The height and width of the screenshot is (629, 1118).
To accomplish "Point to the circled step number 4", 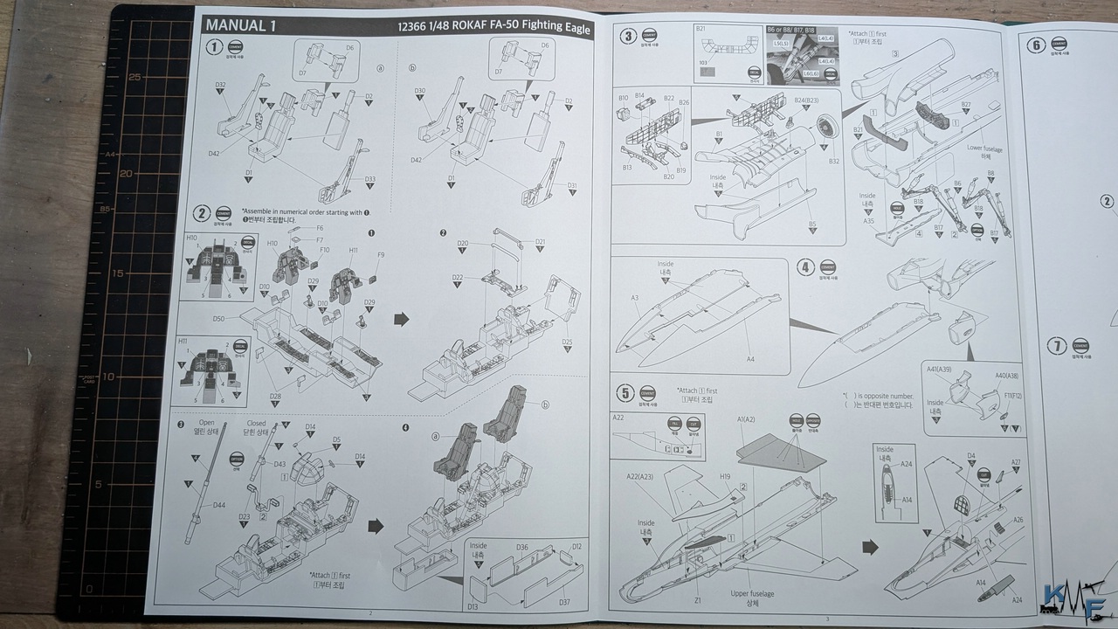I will coord(806,268).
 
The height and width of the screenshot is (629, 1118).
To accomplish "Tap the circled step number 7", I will coord(1057,347).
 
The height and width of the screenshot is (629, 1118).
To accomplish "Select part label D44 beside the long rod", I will coord(218,506).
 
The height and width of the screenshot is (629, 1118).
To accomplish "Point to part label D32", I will coord(221,85).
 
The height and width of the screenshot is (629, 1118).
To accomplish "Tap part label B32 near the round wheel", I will coord(833,161).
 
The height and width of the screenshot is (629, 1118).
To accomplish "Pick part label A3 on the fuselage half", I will coord(636,299).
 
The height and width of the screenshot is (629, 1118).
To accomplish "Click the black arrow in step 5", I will coord(871,547).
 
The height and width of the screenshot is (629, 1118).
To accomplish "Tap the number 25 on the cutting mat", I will coord(134,77).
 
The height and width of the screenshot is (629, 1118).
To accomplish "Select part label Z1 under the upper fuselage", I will coord(697,601).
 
